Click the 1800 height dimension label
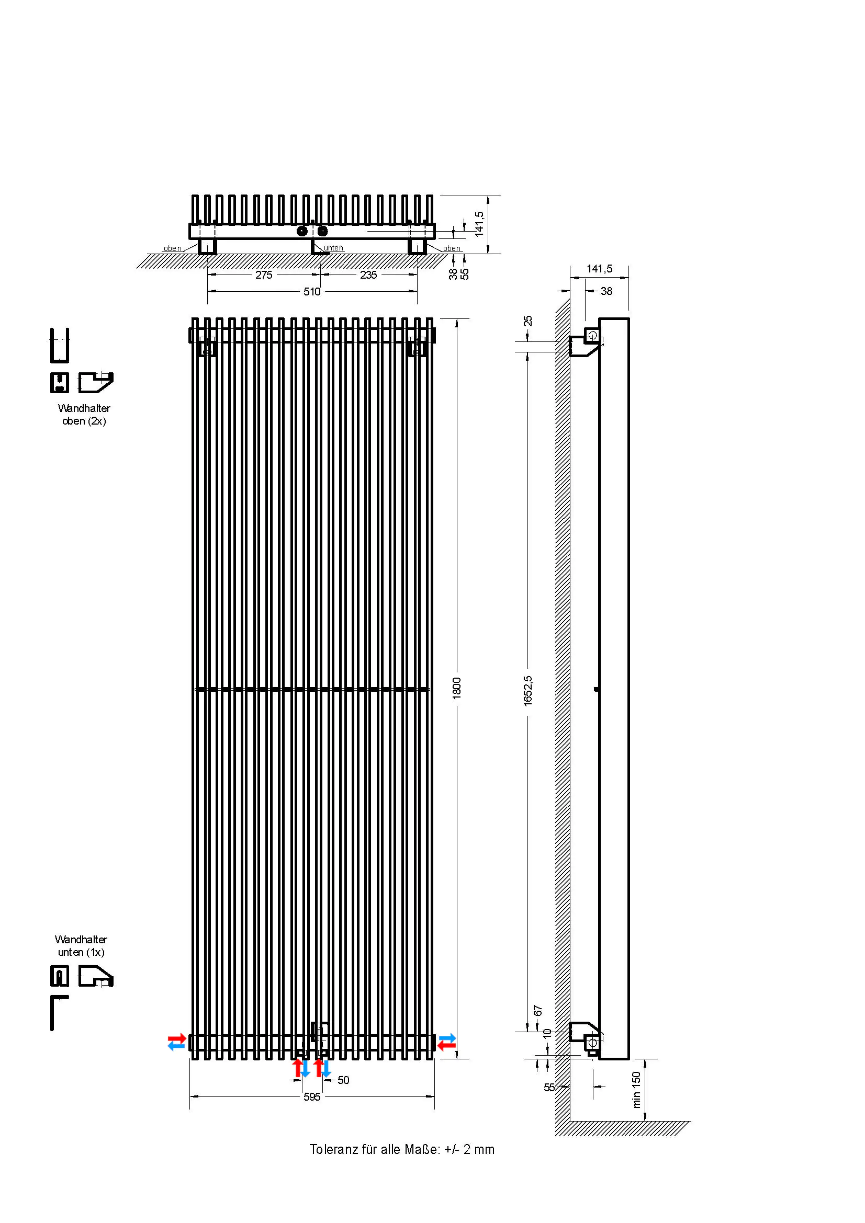[x=457, y=688]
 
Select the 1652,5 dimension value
[x=527, y=691]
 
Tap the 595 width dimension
[x=312, y=1097]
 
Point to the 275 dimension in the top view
[x=264, y=275]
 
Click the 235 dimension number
[x=368, y=275]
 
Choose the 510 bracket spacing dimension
[x=312, y=291]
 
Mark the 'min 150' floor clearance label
[x=636, y=1090]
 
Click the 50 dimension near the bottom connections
[x=343, y=1080]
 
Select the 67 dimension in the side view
[x=538, y=1011]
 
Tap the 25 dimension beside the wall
[x=527, y=321]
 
